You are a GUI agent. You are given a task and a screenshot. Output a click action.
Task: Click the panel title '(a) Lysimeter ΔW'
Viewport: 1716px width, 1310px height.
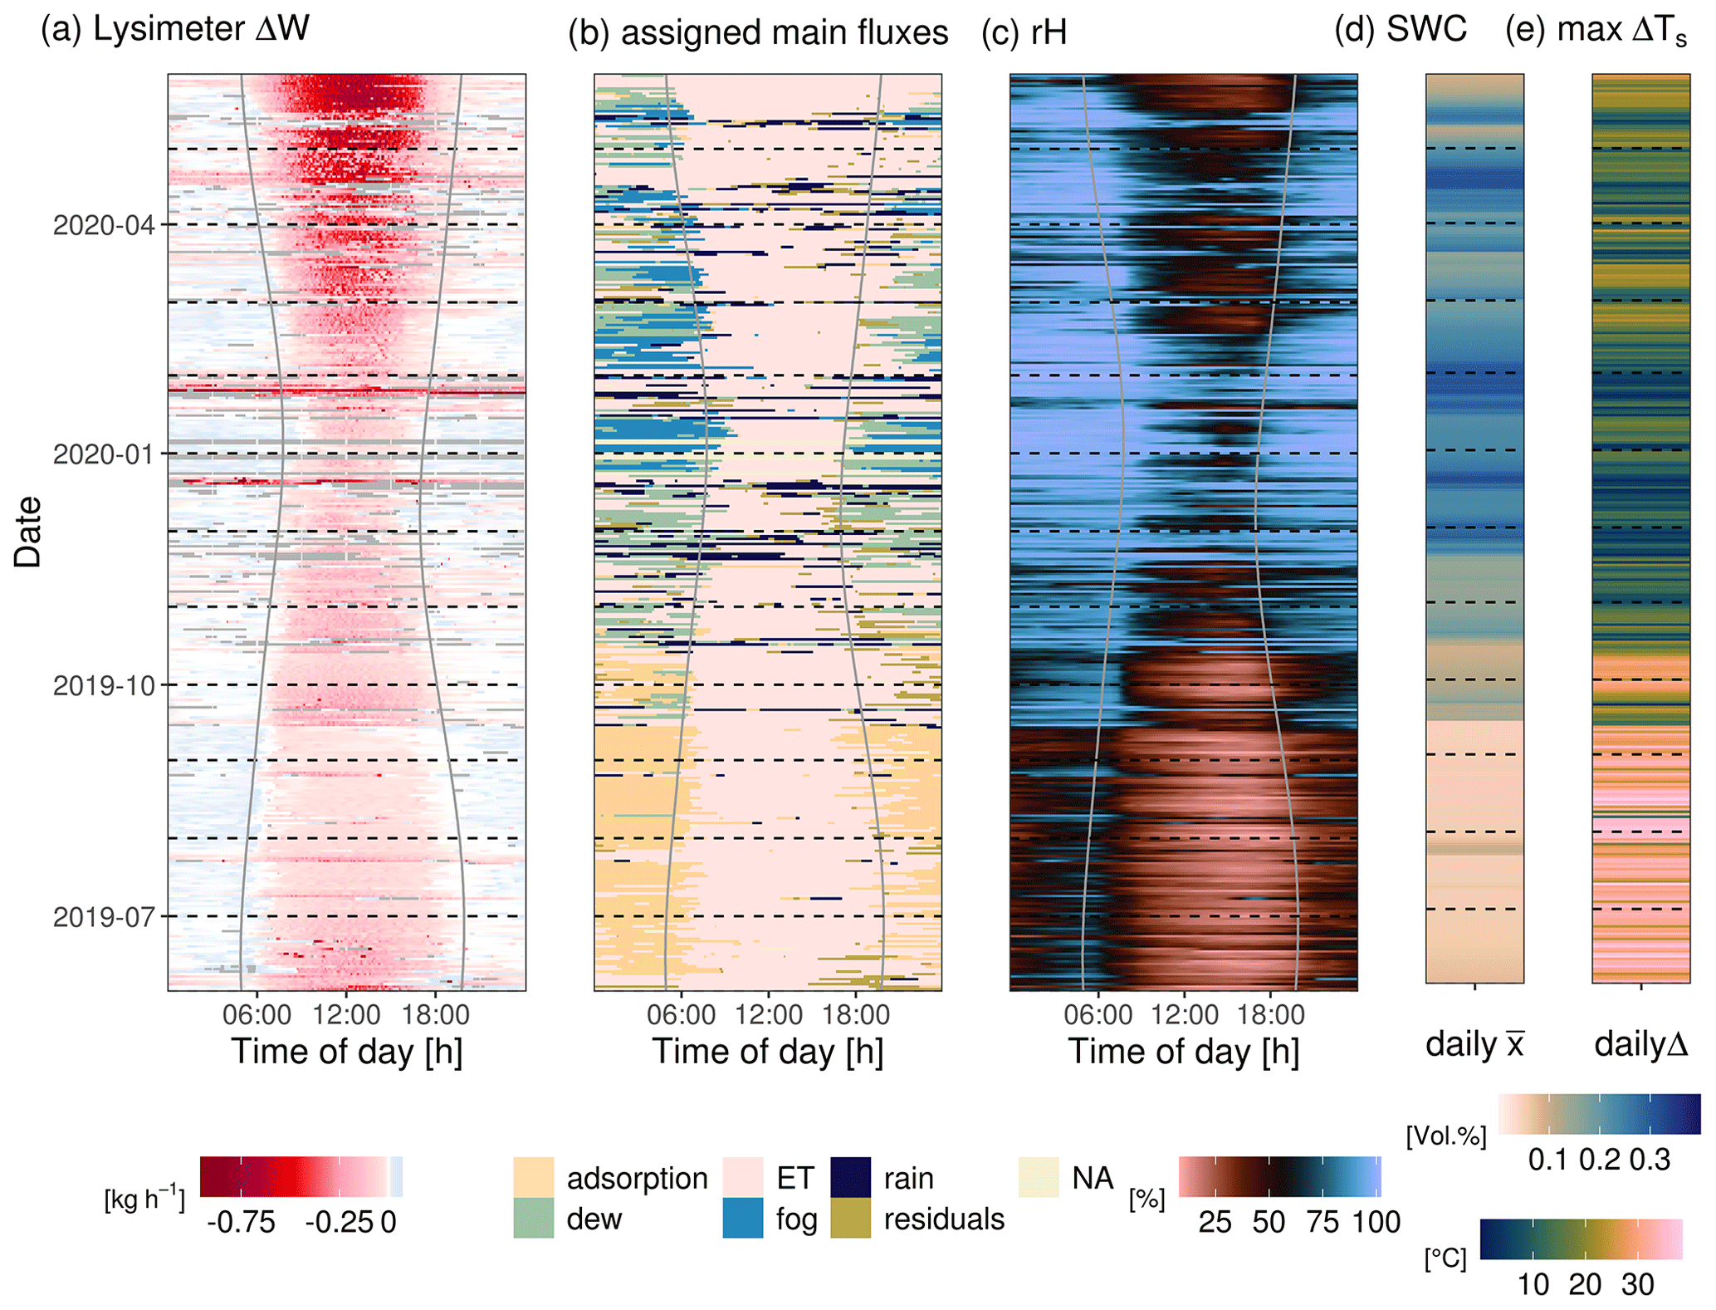175,29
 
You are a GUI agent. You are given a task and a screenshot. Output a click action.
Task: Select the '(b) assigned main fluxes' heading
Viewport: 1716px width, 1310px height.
758,33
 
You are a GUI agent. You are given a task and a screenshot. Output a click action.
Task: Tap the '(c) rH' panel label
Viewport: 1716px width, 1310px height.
1024,33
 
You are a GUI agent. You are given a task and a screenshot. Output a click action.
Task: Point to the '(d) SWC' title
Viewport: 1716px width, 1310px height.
1401,30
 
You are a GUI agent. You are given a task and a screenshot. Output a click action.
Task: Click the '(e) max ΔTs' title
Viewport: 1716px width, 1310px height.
1596,30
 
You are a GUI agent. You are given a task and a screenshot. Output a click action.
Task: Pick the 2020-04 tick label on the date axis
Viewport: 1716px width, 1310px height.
104,225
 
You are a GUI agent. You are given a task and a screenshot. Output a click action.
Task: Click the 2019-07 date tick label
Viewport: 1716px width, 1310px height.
104,917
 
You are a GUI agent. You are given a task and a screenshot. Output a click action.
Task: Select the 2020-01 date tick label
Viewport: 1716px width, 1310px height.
104,454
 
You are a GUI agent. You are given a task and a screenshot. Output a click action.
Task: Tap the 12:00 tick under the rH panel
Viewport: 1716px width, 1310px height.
1185,1014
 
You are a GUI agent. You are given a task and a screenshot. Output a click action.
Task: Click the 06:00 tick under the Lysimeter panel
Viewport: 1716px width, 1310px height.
257,1014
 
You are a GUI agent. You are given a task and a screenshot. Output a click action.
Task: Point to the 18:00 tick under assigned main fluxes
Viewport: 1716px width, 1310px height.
856,1014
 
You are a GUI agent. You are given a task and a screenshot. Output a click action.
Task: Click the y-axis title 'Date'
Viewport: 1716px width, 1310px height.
27,532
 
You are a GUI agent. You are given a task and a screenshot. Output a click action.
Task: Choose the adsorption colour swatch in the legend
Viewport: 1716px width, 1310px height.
534,1177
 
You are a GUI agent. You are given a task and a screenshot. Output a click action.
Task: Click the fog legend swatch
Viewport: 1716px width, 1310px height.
743,1219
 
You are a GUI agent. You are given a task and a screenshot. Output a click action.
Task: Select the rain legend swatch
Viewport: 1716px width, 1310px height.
851,1177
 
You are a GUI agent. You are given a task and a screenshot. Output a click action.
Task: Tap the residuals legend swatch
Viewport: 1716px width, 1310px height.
851,1219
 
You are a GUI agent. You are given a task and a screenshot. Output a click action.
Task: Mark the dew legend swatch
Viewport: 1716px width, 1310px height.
534,1219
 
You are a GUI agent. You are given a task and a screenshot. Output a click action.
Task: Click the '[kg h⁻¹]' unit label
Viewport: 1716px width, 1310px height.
144,1200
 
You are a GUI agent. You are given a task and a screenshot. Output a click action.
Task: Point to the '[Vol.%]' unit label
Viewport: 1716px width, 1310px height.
1446,1136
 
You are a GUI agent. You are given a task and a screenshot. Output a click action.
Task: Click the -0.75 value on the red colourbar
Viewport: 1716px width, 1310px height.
241,1222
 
